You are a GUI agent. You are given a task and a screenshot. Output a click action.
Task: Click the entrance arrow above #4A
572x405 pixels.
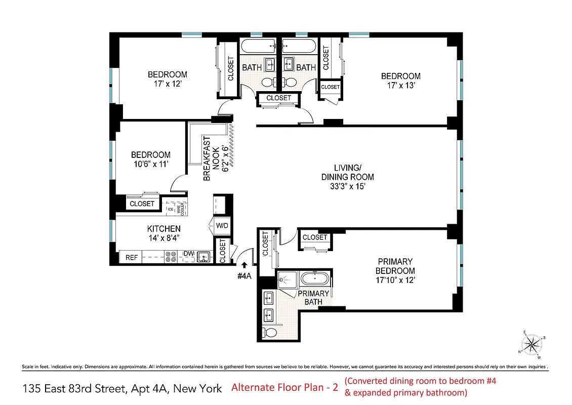click(x=244, y=264)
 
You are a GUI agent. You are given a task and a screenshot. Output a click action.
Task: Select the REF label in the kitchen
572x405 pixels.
click(x=132, y=258)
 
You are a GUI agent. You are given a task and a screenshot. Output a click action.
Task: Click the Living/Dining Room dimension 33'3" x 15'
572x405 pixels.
click(x=347, y=186)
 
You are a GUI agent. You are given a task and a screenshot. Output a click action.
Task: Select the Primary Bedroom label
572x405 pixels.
click(x=396, y=266)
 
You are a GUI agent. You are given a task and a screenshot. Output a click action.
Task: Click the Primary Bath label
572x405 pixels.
click(x=313, y=298)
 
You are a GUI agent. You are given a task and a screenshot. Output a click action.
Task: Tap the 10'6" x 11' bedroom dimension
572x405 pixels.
click(x=150, y=164)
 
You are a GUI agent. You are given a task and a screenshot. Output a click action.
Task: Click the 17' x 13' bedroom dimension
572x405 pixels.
click(x=400, y=86)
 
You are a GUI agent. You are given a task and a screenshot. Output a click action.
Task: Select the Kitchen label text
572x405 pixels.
click(x=164, y=229)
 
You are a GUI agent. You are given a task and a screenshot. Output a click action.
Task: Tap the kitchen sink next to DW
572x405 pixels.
click(x=203, y=257)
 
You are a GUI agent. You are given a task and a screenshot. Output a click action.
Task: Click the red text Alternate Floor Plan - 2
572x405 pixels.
click(x=284, y=388)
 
